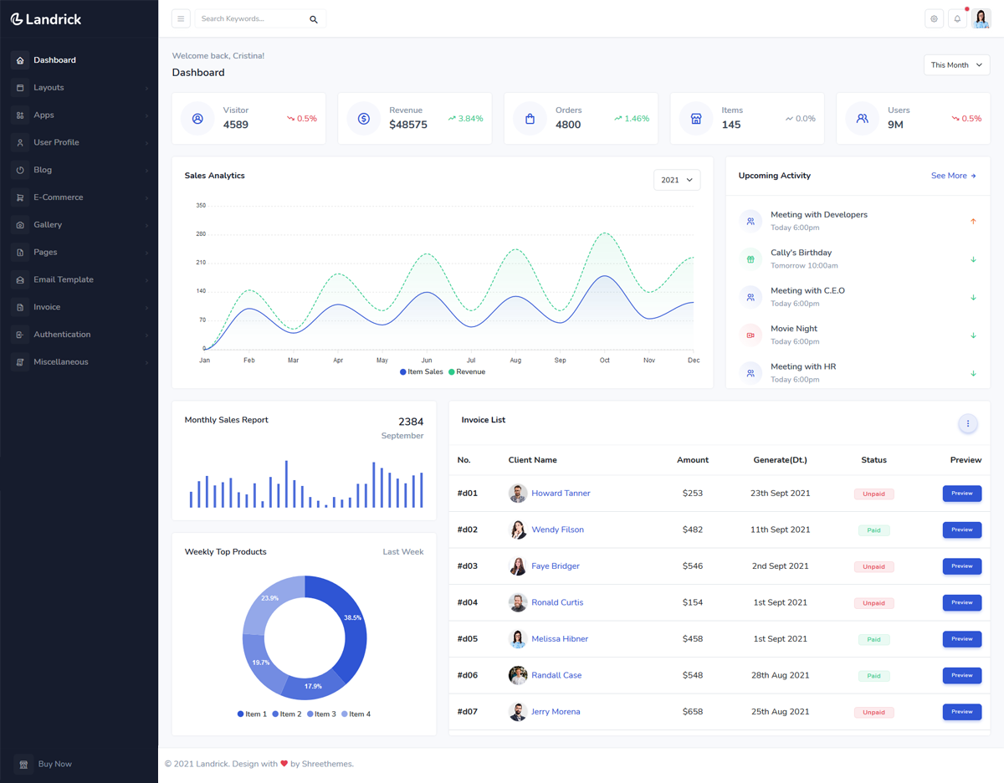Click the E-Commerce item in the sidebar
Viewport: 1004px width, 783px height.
[x=58, y=197]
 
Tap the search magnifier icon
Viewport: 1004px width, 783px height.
[x=314, y=19]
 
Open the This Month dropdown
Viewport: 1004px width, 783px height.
[x=956, y=65]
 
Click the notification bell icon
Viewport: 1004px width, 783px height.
[x=957, y=19]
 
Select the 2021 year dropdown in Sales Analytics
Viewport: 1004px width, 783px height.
[x=676, y=180]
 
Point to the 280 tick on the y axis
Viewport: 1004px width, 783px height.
[x=201, y=234]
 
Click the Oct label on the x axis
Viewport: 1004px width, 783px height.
[x=605, y=361]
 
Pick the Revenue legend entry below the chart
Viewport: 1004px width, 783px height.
[x=467, y=371]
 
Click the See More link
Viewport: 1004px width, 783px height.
[x=953, y=176]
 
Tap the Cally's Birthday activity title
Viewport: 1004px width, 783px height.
[x=801, y=253]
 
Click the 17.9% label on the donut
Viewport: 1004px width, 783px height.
[x=313, y=686]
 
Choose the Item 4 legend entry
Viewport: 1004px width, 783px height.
[x=356, y=714]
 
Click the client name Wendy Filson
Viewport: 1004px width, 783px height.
[x=557, y=530]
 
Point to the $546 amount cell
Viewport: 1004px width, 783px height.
[x=692, y=566]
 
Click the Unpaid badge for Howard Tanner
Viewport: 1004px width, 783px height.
[x=873, y=494]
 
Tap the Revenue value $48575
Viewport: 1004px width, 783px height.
[x=408, y=125]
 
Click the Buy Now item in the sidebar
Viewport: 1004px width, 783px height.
[x=54, y=764]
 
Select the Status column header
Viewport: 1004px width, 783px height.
[x=873, y=460]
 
